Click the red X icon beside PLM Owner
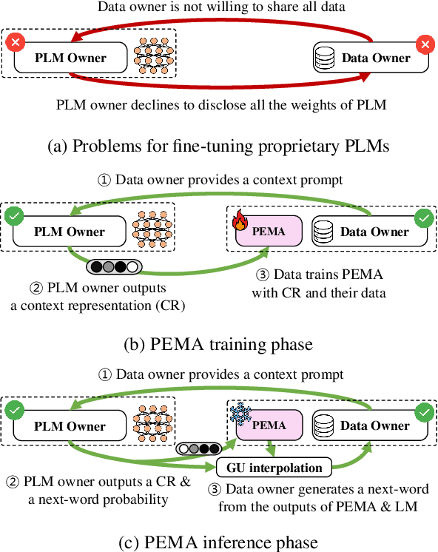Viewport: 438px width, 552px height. click(14, 44)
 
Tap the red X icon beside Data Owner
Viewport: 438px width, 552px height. click(424, 45)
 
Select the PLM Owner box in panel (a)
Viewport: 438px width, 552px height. click(70, 58)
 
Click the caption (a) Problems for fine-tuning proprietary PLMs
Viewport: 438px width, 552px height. click(219, 146)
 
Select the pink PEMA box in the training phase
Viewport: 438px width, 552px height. click(269, 232)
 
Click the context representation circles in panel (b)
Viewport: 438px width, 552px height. click(112, 267)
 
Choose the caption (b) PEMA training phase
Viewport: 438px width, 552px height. click(219, 343)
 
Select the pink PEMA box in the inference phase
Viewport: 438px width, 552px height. click(269, 426)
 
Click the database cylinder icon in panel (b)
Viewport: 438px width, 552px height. click(323, 232)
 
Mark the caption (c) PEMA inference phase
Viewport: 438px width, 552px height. click(219, 542)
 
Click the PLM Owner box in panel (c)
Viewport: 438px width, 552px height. click(70, 426)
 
